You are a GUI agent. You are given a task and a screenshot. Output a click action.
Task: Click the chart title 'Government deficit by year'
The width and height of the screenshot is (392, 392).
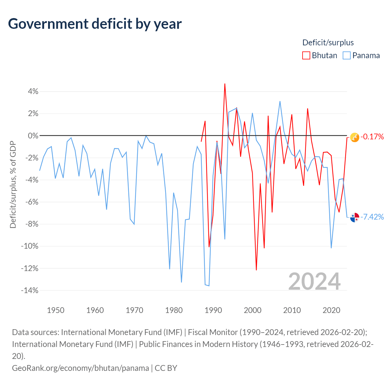[95, 24]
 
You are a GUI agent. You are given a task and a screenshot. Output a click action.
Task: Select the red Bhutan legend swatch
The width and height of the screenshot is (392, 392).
[306, 55]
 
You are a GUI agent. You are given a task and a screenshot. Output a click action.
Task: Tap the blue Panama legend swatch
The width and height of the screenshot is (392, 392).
[347, 55]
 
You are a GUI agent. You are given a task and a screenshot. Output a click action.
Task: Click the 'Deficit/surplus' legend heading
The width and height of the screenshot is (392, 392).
[328, 43]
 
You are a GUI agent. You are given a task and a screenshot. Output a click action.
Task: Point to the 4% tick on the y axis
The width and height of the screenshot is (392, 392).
[33, 91]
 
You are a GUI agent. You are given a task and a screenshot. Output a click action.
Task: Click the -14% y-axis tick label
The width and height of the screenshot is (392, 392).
[30, 290]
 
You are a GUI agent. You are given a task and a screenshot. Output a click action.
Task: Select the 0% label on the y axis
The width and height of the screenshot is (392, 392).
[33, 136]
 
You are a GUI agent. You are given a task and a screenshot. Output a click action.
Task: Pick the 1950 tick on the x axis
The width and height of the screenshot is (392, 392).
[55, 310]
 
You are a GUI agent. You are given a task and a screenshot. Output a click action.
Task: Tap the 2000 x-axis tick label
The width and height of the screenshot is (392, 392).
[253, 310]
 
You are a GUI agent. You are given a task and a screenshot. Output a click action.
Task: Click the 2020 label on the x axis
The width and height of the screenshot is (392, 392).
[331, 310]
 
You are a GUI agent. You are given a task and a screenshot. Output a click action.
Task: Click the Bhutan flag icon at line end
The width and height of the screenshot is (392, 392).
[355, 138]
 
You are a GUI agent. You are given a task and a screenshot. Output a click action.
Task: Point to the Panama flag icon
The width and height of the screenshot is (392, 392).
[355, 217]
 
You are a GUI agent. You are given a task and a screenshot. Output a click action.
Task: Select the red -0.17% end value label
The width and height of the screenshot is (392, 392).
[372, 137]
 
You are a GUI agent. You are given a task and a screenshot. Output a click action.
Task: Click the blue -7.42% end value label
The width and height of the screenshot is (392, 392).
[372, 217]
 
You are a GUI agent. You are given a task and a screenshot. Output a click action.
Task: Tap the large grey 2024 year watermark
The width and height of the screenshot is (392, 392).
[315, 281]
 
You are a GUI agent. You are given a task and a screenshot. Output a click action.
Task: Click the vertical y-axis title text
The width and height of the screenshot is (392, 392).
[13, 184]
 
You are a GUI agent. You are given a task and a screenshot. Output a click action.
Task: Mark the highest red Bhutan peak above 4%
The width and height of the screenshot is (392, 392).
[225, 84]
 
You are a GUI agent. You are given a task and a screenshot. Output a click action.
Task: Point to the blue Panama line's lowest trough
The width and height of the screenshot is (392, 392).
[209, 286]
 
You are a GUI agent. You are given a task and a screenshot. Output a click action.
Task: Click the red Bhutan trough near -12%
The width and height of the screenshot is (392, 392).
[256, 270]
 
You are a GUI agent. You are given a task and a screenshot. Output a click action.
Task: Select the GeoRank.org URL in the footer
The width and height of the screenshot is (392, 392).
[81, 368]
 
